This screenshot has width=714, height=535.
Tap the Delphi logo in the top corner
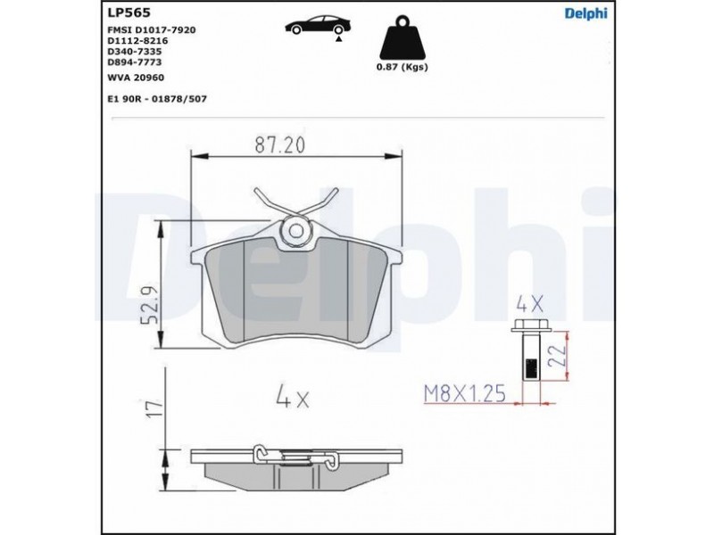click(x=586, y=13)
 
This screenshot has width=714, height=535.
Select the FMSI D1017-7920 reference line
click(x=152, y=30)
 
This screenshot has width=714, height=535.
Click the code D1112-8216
click(x=137, y=41)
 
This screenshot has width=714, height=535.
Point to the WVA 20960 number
click(x=136, y=78)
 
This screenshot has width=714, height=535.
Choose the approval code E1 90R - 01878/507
click(x=157, y=99)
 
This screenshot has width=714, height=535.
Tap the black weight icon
click(x=403, y=38)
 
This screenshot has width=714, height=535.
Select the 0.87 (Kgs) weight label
click(x=403, y=68)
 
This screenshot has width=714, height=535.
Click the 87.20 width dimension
click(x=279, y=144)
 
